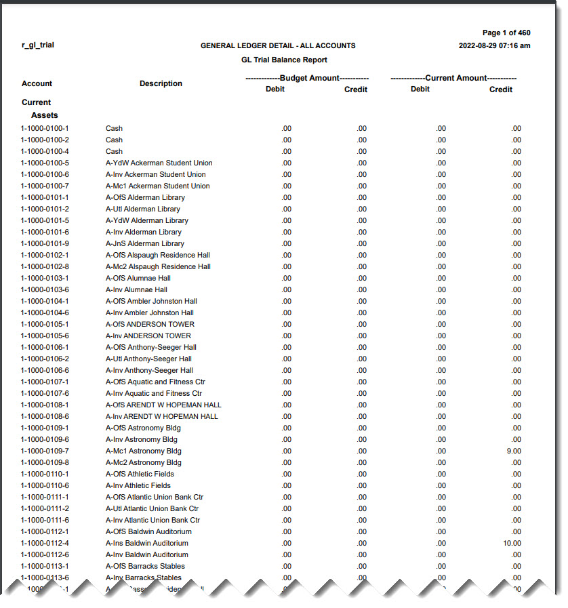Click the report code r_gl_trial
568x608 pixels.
coord(37,45)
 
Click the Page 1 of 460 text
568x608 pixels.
coord(506,33)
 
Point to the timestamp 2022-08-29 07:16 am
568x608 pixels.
coord(494,46)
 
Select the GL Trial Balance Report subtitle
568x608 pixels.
coord(284,60)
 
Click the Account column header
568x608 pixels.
coord(37,83)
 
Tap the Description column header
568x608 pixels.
coord(161,83)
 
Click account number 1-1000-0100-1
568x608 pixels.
coord(45,128)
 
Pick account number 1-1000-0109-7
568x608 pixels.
coord(45,451)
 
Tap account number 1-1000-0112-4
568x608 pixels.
coord(45,543)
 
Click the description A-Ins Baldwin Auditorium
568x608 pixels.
coord(147,543)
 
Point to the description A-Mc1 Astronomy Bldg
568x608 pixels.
coord(144,451)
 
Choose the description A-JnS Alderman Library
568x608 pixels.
coord(145,243)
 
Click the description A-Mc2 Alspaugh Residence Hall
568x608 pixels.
coord(158,266)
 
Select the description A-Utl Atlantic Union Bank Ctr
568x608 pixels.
coord(153,508)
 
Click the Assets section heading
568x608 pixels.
coord(45,115)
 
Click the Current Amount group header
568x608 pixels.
coord(453,78)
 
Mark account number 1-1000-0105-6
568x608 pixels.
coord(45,336)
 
